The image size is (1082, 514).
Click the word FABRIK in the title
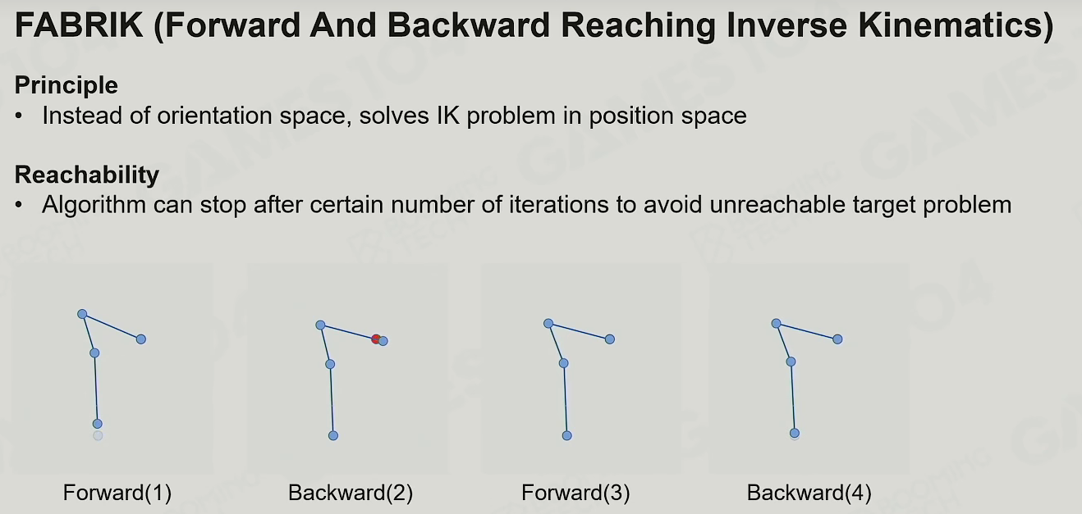click(79, 25)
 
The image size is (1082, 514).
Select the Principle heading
click(66, 86)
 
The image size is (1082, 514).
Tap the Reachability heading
click(87, 175)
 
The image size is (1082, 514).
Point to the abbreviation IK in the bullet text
click(447, 116)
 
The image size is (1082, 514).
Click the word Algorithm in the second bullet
click(94, 205)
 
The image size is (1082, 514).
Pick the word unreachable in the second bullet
click(777, 204)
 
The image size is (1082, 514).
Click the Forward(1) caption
click(117, 493)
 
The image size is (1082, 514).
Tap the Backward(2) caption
click(351, 493)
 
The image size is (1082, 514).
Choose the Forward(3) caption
click(575, 493)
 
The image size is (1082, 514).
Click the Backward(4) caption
click(809, 493)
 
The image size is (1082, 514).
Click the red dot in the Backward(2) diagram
click(375, 339)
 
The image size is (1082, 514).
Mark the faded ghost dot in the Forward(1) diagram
click(98, 436)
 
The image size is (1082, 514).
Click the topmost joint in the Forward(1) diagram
click(82, 314)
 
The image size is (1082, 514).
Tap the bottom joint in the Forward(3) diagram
click(567, 436)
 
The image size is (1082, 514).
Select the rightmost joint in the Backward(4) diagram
click(837, 339)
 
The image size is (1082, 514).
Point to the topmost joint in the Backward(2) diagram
click(320, 325)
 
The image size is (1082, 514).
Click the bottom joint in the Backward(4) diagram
click(795, 433)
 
